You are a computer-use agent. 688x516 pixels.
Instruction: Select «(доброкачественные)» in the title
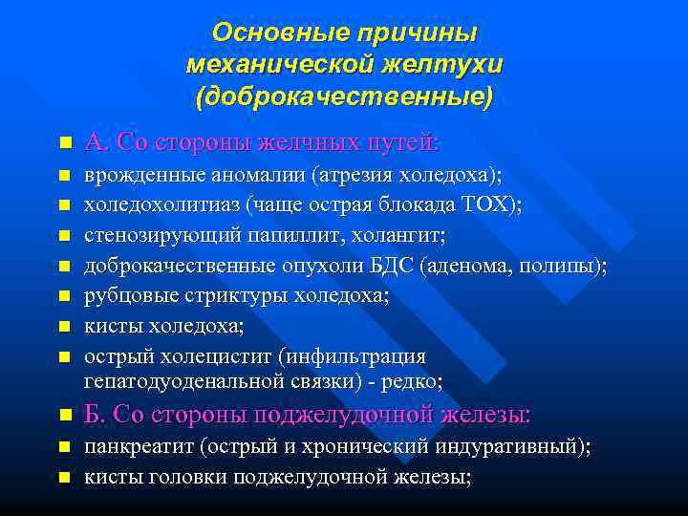pos(344,97)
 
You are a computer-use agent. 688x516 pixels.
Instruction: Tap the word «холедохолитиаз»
pos(161,205)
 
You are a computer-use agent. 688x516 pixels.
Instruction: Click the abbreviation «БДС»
pos(404,265)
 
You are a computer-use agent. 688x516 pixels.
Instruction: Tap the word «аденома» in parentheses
pos(487,265)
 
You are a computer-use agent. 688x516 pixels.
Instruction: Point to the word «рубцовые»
pos(126,295)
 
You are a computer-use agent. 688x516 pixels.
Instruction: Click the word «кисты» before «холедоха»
pos(110,325)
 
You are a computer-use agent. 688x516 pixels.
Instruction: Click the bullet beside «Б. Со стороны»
pos(64,417)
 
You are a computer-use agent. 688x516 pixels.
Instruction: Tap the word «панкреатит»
pos(133,446)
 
